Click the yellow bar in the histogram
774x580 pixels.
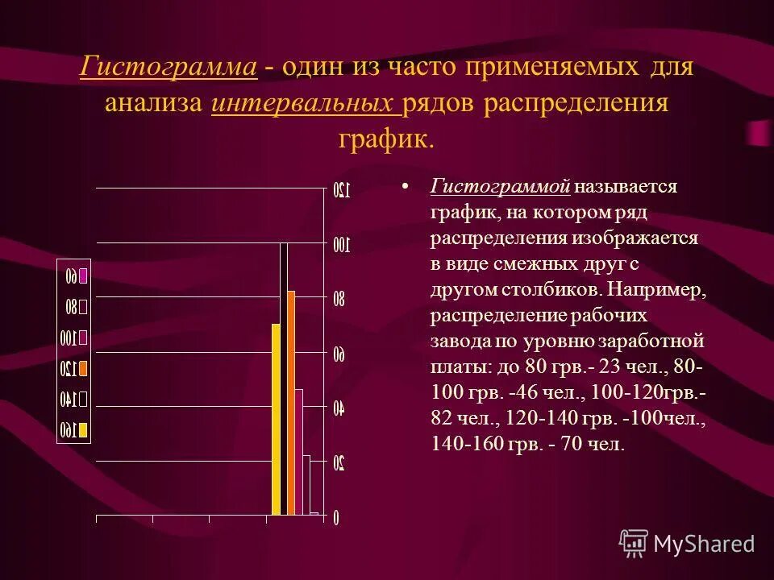tap(276, 419)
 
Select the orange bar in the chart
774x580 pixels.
tap(291, 403)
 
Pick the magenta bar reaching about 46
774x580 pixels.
tap(299, 451)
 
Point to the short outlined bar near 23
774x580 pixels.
tap(306, 484)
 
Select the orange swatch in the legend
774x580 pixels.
tap(83, 369)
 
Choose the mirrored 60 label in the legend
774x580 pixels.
tap(72, 275)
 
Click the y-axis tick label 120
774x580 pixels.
tap(341, 190)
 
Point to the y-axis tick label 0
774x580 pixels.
tap(337, 518)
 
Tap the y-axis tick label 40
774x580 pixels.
tap(339, 408)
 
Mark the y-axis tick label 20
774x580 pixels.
tap(339, 463)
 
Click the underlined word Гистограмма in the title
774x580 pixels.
tap(169, 67)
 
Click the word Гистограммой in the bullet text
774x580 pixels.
tap(501, 187)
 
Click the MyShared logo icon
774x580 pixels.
tap(634, 544)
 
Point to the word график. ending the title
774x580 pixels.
tap(386, 140)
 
